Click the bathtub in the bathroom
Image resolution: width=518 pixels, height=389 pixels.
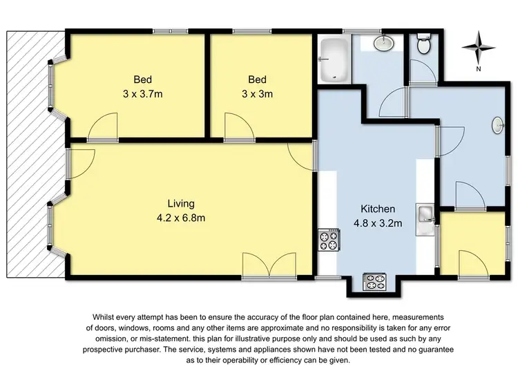334,59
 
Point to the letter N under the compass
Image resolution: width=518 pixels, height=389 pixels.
478,69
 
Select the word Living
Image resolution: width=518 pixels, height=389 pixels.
181,204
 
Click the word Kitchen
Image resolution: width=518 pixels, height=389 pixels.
378,209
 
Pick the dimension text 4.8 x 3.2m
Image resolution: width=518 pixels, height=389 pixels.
378,222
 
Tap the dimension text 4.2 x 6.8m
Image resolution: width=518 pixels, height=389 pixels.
181,218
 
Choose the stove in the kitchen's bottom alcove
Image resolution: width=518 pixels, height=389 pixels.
374,281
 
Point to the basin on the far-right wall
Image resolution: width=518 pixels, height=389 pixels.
499,126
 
